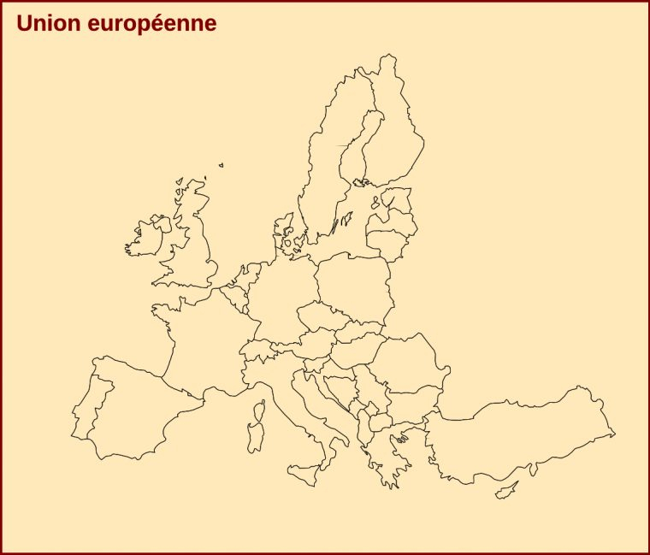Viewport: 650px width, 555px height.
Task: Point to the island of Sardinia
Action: click(x=256, y=434)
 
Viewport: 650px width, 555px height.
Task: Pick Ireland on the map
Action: click(x=145, y=239)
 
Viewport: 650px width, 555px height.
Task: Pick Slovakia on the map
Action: click(x=358, y=330)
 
